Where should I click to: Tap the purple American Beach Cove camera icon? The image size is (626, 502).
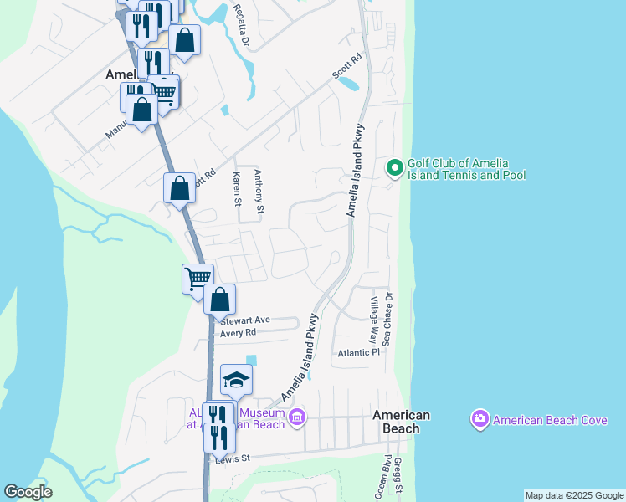pyautogui.click(x=480, y=419)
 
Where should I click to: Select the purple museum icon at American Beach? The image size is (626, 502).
pyautogui.click(x=296, y=417)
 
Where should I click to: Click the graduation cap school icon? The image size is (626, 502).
pyautogui.click(x=236, y=381)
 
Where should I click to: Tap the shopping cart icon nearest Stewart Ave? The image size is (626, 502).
pyautogui.click(x=198, y=278)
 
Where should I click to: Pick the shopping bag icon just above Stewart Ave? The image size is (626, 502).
pyautogui.click(x=219, y=300)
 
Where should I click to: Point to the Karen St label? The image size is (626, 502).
pyautogui.click(x=237, y=190)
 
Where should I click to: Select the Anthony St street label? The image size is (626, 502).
pyautogui.click(x=259, y=192)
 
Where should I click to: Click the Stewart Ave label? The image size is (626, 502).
pyautogui.click(x=246, y=320)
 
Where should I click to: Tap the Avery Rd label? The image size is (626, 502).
pyautogui.click(x=237, y=332)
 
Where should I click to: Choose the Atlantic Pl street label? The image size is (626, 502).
pyautogui.click(x=359, y=353)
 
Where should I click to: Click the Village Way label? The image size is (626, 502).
pyautogui.click(x=374, y=308)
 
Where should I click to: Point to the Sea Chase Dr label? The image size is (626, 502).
pyautogui.click(x=387, y=319)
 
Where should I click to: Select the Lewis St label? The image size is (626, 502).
pyautogui.click(x=233, y=458)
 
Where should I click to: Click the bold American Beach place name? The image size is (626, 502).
pyautogui.click(x=402, y=422)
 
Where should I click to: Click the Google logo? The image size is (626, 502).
pyautogui.click(x=28, y=492)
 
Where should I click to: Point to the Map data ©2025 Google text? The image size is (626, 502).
pyautogui.click(x=574, y=495)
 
